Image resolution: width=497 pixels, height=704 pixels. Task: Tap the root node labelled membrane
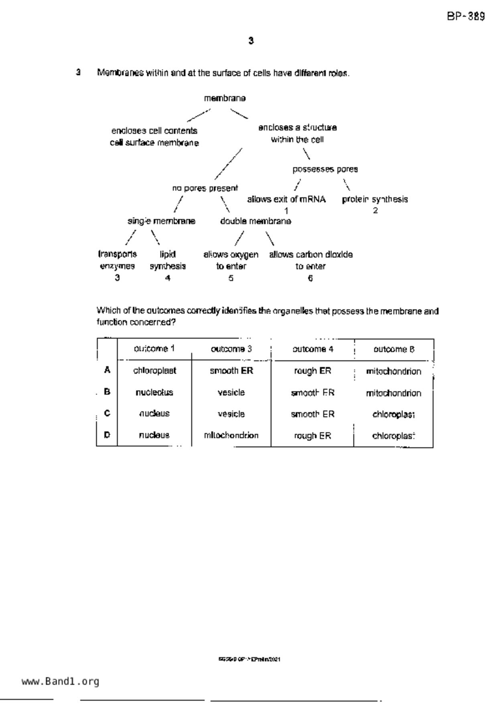pos(225,98)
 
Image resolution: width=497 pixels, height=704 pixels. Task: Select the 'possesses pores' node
pos(325,169)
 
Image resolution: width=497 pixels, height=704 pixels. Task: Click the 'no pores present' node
pos(205,188)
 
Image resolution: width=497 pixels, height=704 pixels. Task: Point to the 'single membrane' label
pos(161,221)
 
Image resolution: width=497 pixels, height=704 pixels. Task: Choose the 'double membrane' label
pos(256,221)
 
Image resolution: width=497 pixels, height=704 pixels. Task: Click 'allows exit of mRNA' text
pos(286,199)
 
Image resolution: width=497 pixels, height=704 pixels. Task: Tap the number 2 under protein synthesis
pos(375,211)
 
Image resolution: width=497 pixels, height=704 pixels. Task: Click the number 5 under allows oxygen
pos(231,278)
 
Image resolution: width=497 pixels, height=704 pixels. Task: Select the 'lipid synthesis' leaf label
pos(168,260)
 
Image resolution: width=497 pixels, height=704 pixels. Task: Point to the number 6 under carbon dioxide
pos(310,278)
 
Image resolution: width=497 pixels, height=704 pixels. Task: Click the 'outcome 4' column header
pos(312,349)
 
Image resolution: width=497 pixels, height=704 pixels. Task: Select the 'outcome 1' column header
pos(154,349)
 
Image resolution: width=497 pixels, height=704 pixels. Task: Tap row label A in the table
pos(107,370)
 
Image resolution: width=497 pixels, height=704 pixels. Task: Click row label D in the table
pos(107,435)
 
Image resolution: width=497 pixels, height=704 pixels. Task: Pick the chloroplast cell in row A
pos(154,371)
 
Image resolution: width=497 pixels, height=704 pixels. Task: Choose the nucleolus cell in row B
pos(154,393)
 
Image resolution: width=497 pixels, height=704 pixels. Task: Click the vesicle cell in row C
pos(231,414)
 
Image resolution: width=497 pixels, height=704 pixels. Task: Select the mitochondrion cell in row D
pos(231,435)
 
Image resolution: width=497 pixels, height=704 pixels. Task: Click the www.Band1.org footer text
pos(60,682)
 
